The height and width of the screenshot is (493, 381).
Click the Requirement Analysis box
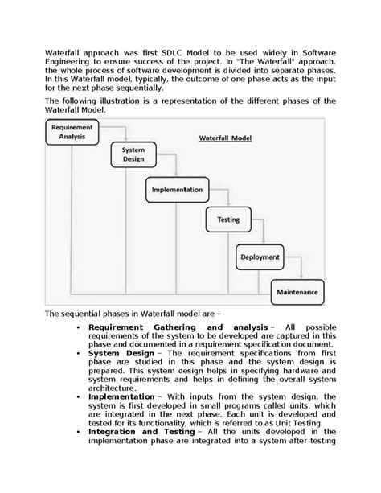pos(71,133)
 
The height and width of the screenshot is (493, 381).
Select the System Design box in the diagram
pos(133,154)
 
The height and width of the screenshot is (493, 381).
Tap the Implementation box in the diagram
pos(176,190)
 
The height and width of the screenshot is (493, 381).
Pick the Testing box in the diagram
pos(223,219)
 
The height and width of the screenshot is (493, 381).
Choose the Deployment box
pos(260,258)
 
